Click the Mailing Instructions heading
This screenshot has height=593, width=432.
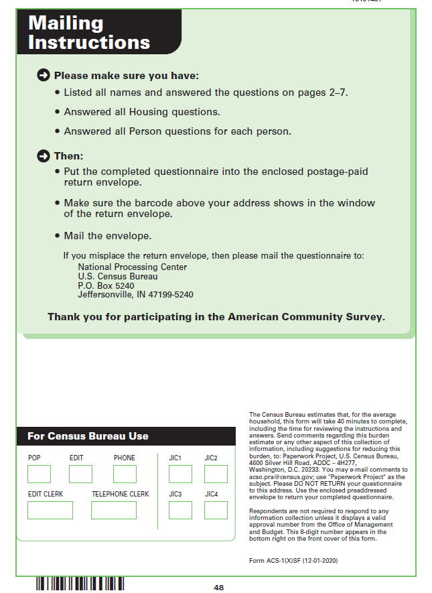[89, 32]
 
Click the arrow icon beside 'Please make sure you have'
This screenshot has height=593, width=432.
[44, 76]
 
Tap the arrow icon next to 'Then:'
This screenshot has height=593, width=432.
[44, 156]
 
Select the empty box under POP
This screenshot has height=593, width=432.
[39, 474]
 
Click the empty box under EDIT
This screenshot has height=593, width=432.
[80, 474]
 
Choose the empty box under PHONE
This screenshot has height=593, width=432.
[125, 474]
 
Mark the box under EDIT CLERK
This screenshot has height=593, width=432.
[50, 510]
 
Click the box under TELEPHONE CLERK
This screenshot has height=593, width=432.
[114, 510]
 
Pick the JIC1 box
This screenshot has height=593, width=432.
[180, 474]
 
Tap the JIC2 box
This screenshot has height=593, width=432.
[216, 474]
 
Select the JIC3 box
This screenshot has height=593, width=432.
[180, 510]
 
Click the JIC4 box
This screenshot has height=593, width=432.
[216, 510]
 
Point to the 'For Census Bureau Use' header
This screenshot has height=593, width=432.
[88, 436]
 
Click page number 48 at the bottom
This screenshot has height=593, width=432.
[219, 588]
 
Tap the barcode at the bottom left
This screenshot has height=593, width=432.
[80, 584]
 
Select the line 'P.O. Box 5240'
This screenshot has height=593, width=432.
[106, 285]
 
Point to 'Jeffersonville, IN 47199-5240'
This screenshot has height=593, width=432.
[135, 294]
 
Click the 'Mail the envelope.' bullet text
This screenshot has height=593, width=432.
[107, 236]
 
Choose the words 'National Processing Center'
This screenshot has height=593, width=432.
[132, 267]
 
